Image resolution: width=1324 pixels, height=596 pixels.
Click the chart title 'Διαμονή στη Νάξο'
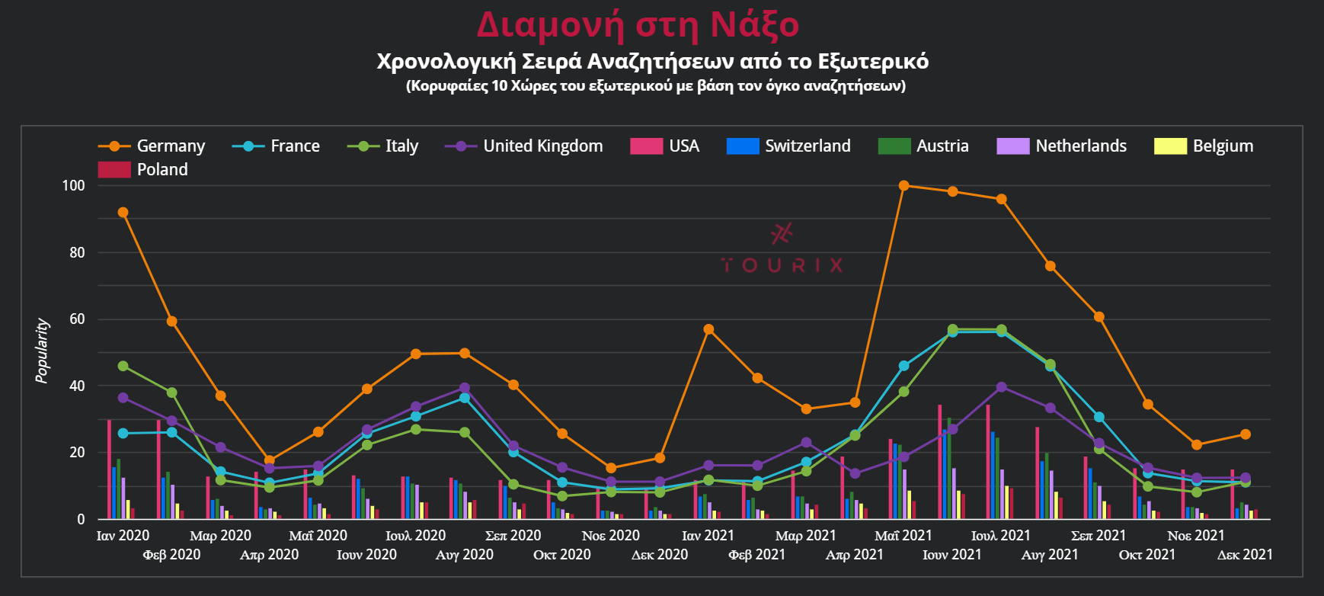(638, 24)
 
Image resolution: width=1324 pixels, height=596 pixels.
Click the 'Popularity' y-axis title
(43, 351)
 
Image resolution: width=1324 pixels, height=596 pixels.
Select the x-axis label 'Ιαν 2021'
(708, 536)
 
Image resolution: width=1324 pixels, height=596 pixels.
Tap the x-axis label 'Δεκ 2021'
(1245, 555)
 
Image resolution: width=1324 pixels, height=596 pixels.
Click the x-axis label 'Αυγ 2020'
(464, 555)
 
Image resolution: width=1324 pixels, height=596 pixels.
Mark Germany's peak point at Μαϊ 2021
(903, 185)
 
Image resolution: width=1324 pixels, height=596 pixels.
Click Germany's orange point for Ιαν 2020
(123, 213)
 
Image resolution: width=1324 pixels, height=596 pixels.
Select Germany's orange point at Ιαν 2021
(708, 329)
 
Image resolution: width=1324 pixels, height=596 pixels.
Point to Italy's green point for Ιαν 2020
(123, 367)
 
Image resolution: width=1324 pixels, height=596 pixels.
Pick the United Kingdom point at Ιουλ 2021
(1001, 387)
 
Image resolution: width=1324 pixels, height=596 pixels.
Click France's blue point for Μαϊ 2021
(903, 366)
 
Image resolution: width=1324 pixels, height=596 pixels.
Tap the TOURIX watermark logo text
(782, 265)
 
